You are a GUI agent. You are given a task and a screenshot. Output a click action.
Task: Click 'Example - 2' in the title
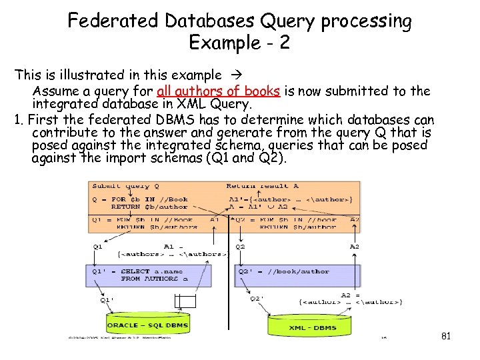[239, 43]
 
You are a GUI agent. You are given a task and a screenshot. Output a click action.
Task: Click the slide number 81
[446, 336]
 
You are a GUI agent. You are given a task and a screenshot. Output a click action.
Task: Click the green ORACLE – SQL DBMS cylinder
[147, 325]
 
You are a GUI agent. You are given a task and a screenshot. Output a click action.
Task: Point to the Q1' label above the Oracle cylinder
[107, 299]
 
